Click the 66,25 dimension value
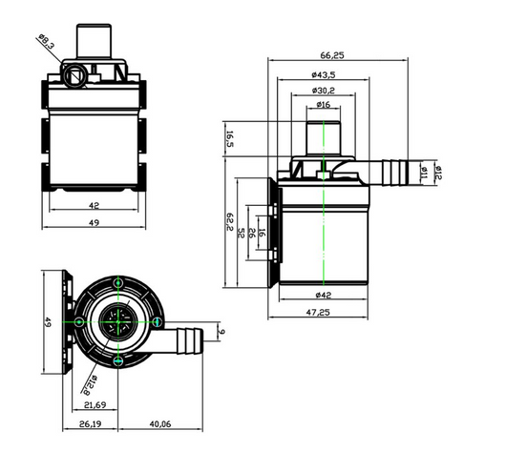click(x=332, y=55)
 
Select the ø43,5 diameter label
click(x=324, y=74)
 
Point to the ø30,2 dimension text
click(x=324, y=91)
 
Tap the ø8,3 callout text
click(x=47, y=41)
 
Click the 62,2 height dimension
click(x=229, y=221)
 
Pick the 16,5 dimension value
click(x=229, y=139)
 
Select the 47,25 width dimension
click(x=318, y=312)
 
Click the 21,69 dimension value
click(x=95, y=405)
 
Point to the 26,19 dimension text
click(x=91, y=424)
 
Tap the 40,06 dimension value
click(x=160, y=424)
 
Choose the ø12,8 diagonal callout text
click(x=91, y=385)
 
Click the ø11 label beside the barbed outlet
click(x=424, y=173)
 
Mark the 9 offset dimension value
click(x=221, y=331)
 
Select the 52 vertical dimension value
click(x=241, y=233)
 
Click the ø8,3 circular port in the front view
click(x=74, y=75)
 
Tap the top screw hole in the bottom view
click(x=118, y=283)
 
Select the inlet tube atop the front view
click(x=94, y=41)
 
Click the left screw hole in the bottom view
click(x=79, y=322)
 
